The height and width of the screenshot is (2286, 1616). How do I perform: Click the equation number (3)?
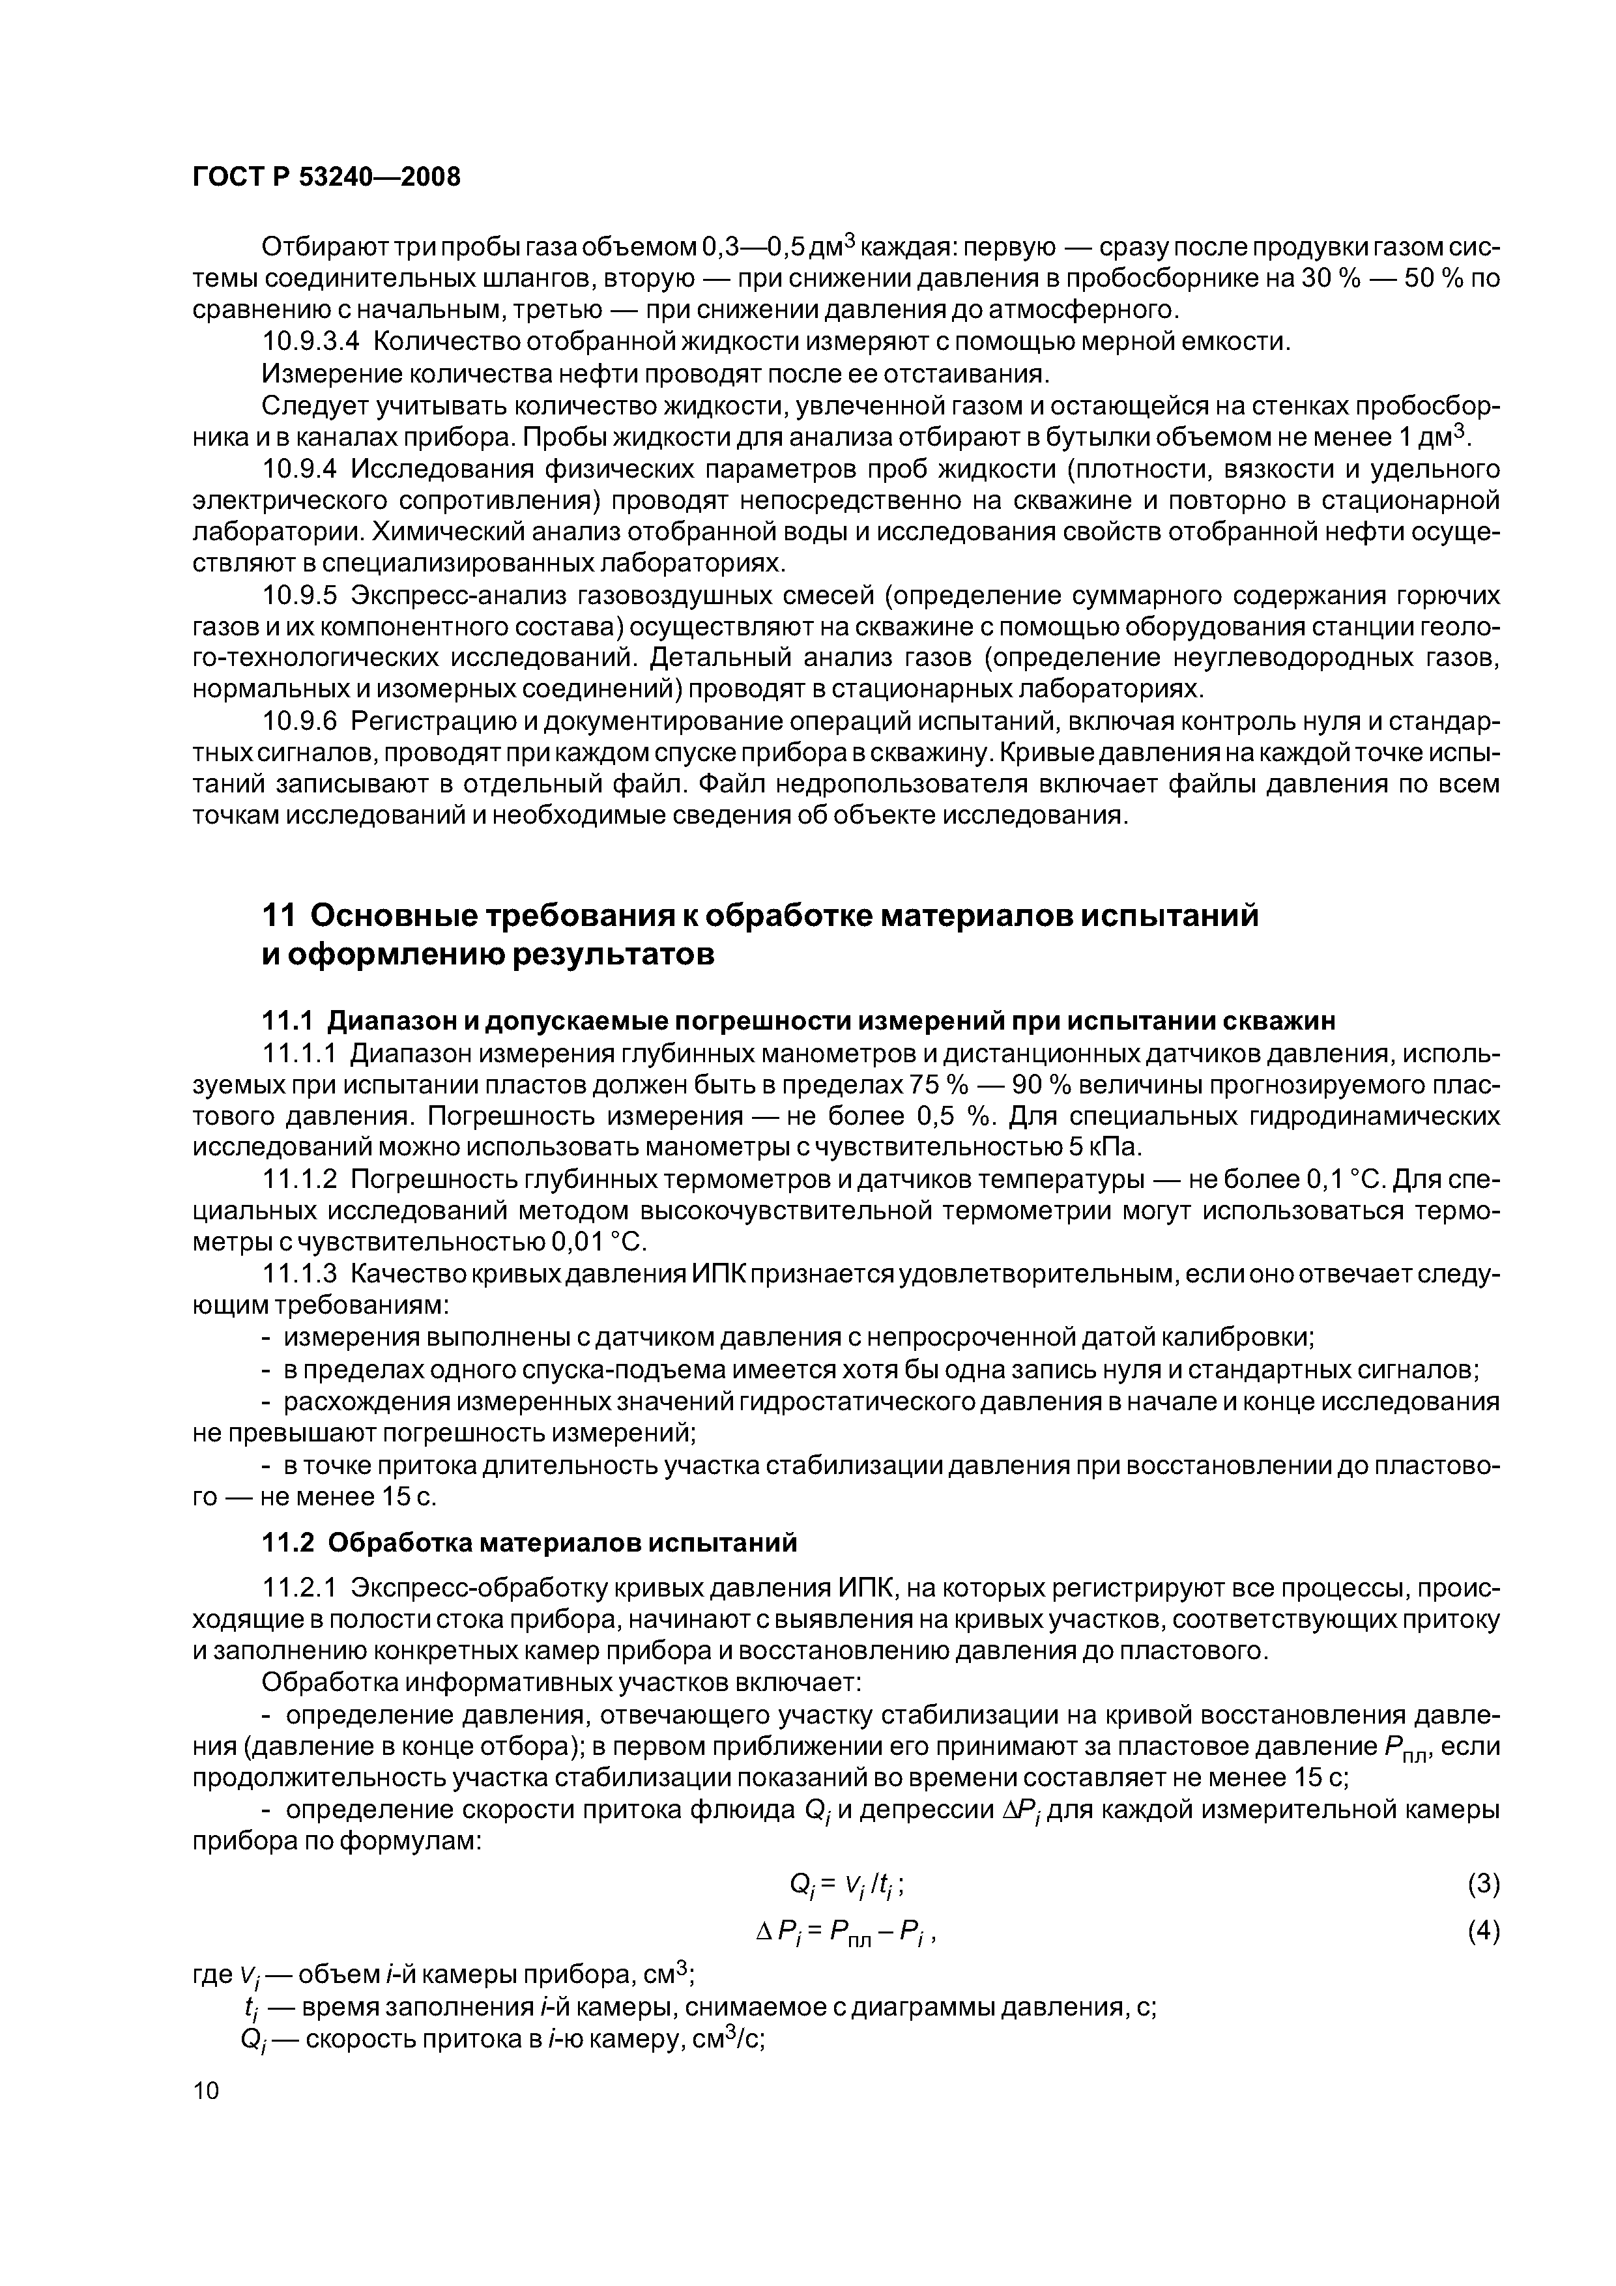click(x=1482, y=1883)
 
